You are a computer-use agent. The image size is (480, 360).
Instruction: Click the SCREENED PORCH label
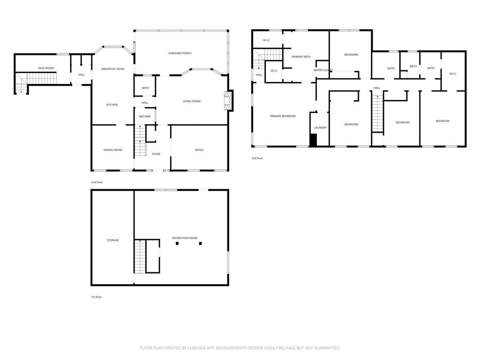point(180,53)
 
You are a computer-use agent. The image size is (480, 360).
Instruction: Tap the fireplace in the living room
point(228,100)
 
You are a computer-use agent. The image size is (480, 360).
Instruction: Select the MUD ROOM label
point(46,68)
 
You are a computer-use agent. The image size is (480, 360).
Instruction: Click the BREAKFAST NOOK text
point(113,69)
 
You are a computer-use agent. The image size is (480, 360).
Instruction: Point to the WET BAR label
point(145,116)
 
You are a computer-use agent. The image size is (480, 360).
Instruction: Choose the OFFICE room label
point(199,150)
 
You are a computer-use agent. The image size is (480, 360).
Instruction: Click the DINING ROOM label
point(113,150)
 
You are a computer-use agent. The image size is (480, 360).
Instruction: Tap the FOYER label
point(156,154)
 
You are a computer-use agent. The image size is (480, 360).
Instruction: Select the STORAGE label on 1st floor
point(112,240)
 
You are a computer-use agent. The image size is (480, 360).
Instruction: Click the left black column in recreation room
point(177,243)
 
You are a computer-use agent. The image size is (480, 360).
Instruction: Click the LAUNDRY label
point(320,127)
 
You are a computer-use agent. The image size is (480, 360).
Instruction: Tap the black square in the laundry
point(314,140)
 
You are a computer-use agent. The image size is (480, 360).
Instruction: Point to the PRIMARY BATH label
point(301,57)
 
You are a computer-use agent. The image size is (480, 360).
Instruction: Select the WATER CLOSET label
point(323,70)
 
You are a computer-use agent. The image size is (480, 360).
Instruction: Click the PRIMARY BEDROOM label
point(283,116)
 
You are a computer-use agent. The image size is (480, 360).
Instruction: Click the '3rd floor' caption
point(257,158)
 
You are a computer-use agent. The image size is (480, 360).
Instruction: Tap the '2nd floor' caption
point(97,182)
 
